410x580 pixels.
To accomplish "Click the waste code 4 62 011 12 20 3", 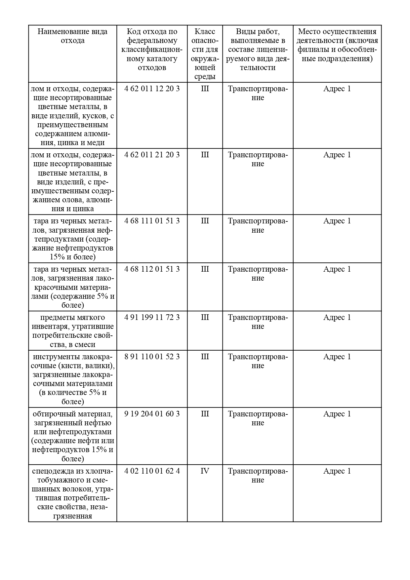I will click(x=152, y=89).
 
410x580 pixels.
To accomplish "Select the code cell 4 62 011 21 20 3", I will click(x=152, y=155).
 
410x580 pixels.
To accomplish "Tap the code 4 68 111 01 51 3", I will click(x=152, y=221).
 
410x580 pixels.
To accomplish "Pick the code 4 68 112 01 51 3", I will click(x=152, y=269).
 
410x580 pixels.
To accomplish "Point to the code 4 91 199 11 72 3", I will click(x=152, y=318).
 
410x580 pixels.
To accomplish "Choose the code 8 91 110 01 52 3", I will click(x=152, y=357).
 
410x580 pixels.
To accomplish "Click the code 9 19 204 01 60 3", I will click(x=152, y=414).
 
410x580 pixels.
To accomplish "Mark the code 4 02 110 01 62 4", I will click(x=152, y=471).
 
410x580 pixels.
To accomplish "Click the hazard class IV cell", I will click(x=205, y=471).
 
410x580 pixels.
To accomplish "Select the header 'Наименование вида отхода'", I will click(x=72, y=36).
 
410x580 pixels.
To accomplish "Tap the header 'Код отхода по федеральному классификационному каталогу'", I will click(x=152, y=50).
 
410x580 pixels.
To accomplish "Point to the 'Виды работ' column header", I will click(x=258, y=50).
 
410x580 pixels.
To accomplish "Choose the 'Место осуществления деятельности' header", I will click(x=337, y=45).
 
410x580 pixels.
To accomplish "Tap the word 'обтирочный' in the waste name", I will click(x=53, y=414).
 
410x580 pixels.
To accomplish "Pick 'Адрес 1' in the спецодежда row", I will click(x=337, y=471).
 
